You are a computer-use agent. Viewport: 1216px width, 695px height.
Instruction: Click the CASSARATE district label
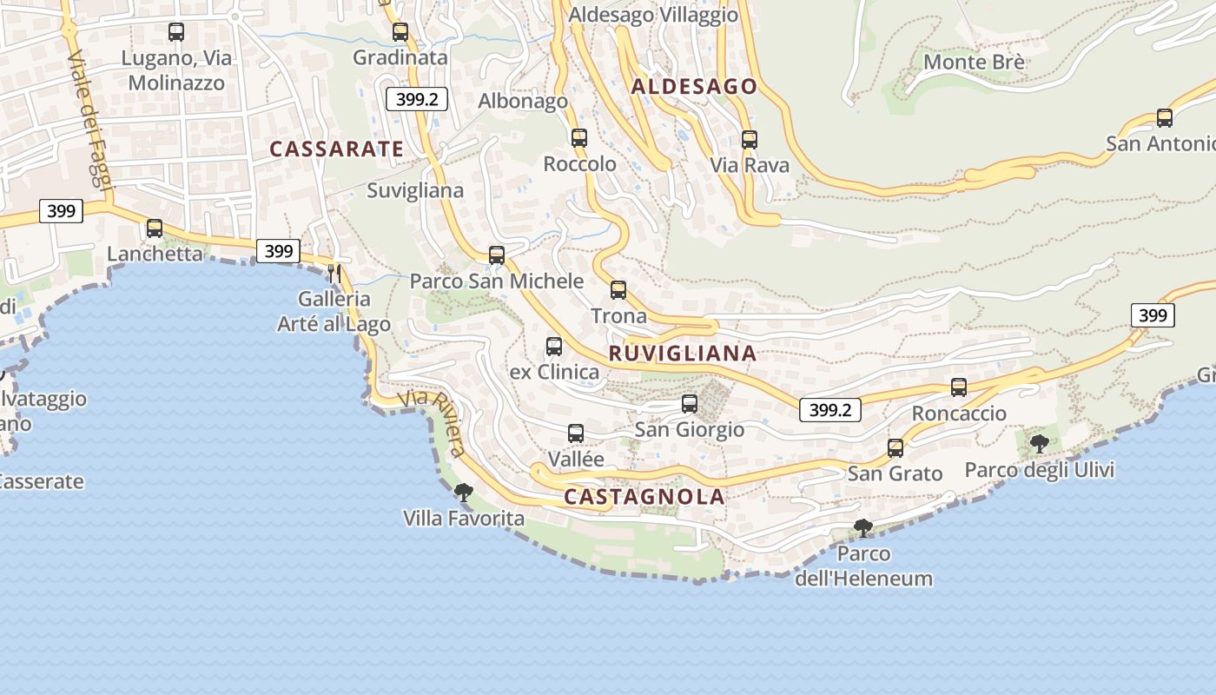[x=336, y=149]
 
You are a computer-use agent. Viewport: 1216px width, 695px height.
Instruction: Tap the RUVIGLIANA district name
[x=683, y=354]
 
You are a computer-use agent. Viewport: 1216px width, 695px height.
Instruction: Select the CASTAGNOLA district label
[x=644, y=497]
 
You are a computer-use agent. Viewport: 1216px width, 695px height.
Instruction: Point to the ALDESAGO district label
[x=694, y=86]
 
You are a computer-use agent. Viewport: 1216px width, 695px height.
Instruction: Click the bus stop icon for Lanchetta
[x=155, y=228]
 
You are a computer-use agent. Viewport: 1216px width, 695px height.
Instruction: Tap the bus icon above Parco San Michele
[x=497, y=255]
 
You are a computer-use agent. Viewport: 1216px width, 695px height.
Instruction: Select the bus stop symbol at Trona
[x=618, y=290]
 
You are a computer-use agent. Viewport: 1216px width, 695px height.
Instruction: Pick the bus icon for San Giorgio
[x=690, y=404]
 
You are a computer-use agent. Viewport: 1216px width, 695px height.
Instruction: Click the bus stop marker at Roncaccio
[x=959, y=387]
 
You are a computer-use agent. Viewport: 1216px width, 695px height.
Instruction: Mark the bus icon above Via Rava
[x=750, y=139]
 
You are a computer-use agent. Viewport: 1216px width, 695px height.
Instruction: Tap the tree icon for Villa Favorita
[x=464, y=493]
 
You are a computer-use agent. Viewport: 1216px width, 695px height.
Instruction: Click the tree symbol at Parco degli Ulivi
[x=1039, y=444]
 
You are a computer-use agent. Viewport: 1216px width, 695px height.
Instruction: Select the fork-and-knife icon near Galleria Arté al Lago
[x=334, y=274]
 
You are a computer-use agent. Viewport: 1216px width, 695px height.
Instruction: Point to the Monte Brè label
[x=974, y=62]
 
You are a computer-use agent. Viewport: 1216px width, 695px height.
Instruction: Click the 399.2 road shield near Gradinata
[x=417, y=98]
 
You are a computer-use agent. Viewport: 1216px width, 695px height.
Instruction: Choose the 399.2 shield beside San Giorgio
[x=829, y=410]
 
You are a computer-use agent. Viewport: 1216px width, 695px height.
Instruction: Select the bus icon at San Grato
[x=895, y=448]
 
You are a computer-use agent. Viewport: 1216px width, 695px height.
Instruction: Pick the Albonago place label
[x=523, y=101]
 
